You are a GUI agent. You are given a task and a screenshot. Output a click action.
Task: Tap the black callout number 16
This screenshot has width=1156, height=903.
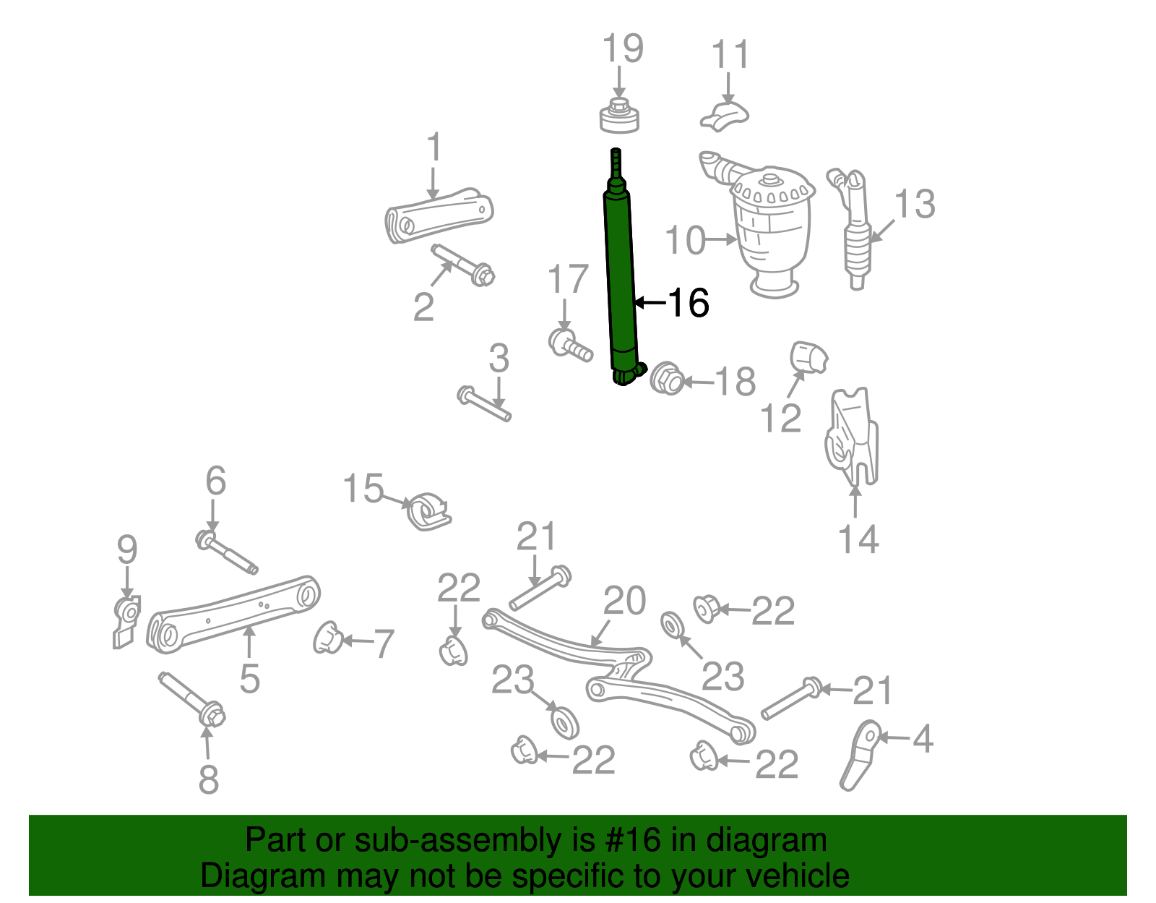pos(688,302)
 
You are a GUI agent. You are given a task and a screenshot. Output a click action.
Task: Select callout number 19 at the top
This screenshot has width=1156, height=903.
pos(622,48)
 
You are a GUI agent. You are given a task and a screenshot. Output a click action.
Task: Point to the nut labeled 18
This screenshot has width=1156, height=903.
pos(667,379)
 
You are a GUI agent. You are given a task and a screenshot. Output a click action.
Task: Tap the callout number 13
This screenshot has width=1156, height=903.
pos(915,205)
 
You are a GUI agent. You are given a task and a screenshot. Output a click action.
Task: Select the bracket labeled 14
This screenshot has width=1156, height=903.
pos(853,437)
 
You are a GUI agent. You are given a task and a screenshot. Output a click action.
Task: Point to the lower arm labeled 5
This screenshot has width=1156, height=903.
pos(231,613)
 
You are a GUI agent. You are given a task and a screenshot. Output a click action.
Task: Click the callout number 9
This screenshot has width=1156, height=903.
pos(127,551)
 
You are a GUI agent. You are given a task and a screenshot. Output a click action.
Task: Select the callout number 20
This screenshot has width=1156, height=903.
pos(624,601)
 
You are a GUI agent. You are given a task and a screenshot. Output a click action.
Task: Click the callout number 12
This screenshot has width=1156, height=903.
pos(781,418)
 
